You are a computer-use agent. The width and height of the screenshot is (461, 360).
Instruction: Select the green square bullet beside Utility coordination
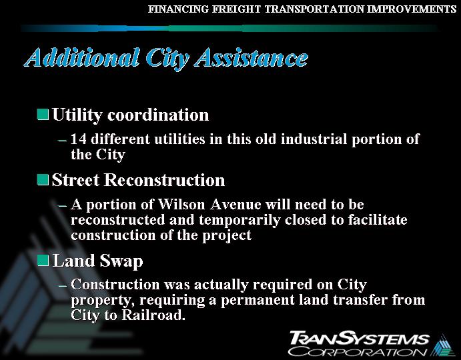pos(43,115)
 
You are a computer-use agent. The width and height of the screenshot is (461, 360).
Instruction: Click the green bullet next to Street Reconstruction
pos(43,180)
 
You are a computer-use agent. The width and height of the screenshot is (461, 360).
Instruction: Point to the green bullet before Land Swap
pos(43,260)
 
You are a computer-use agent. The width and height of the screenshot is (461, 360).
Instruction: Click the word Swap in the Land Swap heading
pos(121,260)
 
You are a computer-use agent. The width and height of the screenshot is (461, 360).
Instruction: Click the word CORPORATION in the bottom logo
pos(358,351)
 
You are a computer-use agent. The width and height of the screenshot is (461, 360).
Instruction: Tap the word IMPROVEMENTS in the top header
pos(408,9)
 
